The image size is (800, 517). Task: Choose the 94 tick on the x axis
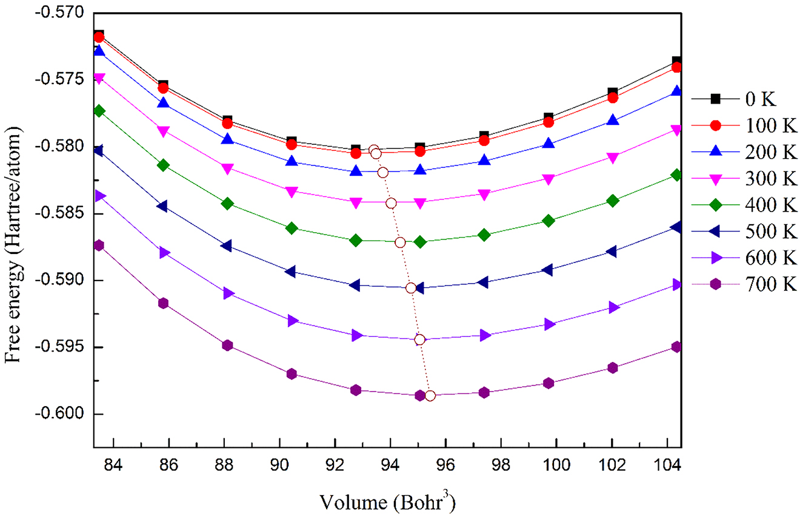[390, 467]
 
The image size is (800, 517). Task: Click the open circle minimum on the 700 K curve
[430, 396]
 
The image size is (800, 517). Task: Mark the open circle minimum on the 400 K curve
[400, 242]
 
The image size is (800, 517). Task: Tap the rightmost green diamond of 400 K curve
[676, 175]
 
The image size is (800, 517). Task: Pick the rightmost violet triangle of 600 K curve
[676, 284]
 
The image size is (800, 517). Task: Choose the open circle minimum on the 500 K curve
[411, 288]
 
